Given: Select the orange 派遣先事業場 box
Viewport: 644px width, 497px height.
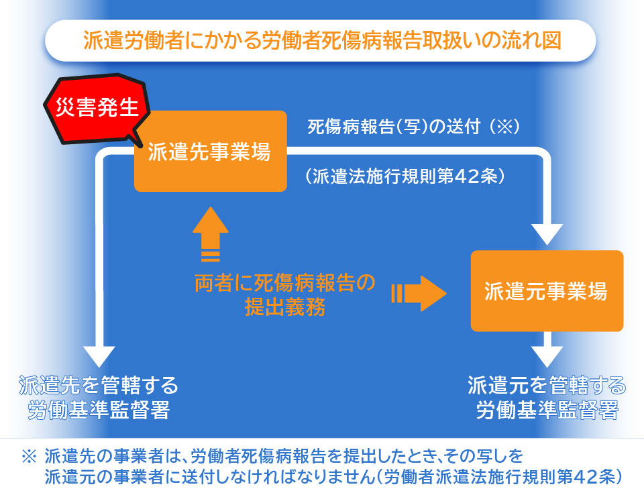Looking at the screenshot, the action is pyautogui.click(x=210, y=151).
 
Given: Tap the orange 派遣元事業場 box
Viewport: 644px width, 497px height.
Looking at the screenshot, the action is pyautogui.click(x=547, y=291).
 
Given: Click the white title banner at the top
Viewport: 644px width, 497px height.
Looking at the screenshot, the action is pyautogui.click(x=321, y=41).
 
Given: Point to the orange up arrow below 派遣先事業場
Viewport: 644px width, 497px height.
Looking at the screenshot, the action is pyautogui.click(x=210, y=234).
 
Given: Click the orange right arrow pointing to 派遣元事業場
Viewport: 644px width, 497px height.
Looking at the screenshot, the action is pyautogui.click(x=419, y=293).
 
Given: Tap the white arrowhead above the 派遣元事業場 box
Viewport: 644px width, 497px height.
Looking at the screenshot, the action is pyautogui.click(x=547, y=235).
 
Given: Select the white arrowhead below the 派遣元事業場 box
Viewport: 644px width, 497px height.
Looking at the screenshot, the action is pyautogui.click(x=547, y=357).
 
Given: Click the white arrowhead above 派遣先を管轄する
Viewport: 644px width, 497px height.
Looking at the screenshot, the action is pyautogui.click(x=99, y=357).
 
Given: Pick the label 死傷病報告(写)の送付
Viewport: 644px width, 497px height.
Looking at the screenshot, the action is pyautogui.click(x=394, y=127).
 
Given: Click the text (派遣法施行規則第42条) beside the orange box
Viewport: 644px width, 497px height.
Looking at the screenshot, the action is pyautogui.click(x=405, y=176).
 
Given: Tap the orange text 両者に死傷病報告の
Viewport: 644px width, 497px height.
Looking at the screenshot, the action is pyautogui.click(x=284, y=282).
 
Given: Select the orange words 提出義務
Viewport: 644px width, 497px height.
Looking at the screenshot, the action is pyautogui.click(x=285, y=307).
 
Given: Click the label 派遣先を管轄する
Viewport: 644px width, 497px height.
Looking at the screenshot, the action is pyautogui.click(x=99, y=385).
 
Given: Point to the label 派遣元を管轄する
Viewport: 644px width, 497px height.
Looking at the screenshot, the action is pyautogui.click(x=547, y=385).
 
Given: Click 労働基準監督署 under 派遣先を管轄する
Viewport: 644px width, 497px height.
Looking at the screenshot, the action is pyautogui.click(x=99, y=410).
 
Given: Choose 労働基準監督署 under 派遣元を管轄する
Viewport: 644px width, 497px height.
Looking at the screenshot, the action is pyautogui.click(x=547, y=410).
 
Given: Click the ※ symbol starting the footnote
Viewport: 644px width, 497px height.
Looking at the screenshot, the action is pyautogui.click(x=29, y=456).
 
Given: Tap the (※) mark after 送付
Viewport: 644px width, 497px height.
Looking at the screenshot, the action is pyautogui.click(x=504, y=127).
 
